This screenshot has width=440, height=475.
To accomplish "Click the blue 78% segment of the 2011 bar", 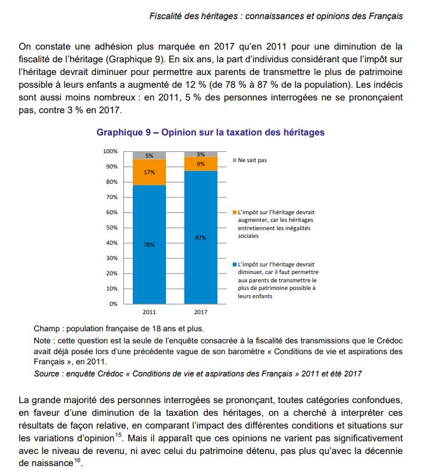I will point(149,244).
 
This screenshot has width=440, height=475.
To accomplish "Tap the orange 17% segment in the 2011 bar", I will point(149,172).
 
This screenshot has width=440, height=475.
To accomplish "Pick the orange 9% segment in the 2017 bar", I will point(200,164).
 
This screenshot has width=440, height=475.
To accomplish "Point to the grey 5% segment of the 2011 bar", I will point(149,155).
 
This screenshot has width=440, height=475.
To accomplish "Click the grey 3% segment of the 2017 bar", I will point(200,154).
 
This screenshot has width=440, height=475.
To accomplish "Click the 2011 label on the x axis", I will point(149,312).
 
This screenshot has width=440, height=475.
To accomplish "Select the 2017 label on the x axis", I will point(200,312).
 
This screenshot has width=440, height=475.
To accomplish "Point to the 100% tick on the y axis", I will point(110,151).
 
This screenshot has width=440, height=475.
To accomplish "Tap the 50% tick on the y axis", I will point(111,228).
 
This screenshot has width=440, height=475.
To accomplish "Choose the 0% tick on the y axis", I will point(113,304).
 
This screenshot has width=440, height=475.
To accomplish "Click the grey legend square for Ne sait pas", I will point(235,160).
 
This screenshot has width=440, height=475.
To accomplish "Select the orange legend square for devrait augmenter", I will point(235,212).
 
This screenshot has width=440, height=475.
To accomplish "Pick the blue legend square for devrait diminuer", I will point(235,264).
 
